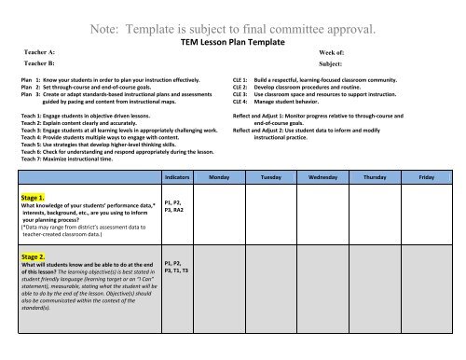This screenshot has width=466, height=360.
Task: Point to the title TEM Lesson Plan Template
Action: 232,44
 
